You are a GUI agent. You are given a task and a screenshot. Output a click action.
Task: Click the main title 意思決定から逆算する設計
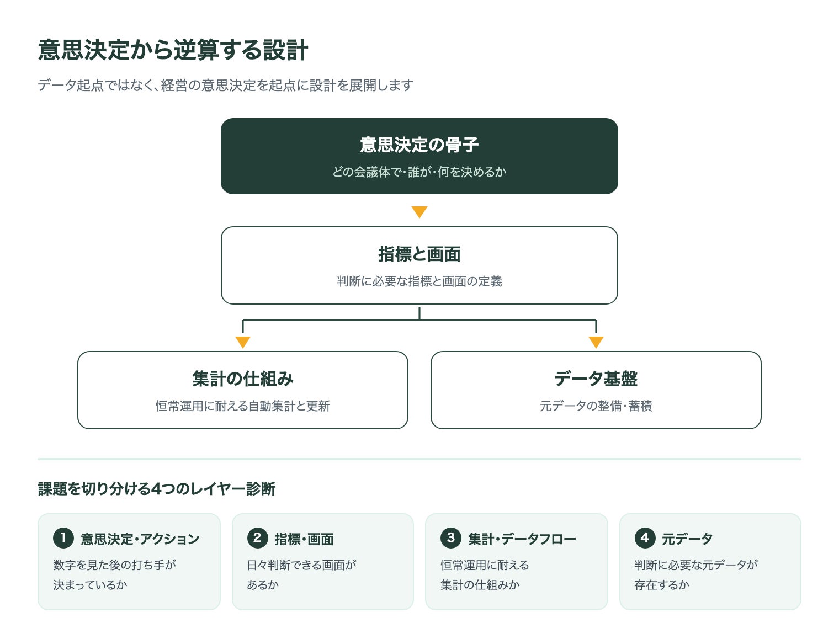tap(173, 50)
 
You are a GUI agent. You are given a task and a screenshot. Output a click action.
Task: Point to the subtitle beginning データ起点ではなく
tap(226, 85)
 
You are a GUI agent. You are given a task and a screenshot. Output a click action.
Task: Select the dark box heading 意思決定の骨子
tap(419, 145)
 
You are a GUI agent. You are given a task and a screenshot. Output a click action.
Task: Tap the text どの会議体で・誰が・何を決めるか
tap(419, 172)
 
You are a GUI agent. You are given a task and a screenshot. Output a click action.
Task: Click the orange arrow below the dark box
tap(419, 211)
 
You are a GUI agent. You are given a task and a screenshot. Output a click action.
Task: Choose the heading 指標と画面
tap(419, 254)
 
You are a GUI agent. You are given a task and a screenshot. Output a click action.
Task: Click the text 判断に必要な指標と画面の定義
tap(419, 281)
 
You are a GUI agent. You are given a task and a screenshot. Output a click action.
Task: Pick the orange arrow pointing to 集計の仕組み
tap(243, 342)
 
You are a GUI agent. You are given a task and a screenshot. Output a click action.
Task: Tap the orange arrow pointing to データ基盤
tap(596, 342)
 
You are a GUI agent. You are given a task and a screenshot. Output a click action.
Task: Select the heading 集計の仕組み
tap(243, 379)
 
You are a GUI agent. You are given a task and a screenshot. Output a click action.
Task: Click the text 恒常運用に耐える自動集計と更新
tap(243, 406)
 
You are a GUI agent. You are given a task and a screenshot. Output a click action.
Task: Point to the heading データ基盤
tap(596, 379)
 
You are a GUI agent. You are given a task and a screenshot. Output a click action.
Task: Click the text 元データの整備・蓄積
tap(596, 406)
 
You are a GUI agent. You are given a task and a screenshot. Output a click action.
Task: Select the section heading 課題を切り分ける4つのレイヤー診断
tap(157, 489)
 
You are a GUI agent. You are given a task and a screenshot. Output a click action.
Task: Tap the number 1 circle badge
tap(63, 538)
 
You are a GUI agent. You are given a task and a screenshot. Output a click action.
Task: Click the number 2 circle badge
tap(258, 538)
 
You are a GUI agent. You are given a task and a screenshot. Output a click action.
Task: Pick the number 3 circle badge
tap(451, 538)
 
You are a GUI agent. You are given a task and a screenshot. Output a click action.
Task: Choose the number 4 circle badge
tap(645, 538)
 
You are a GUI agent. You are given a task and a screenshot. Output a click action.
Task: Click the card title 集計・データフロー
tap(522, 539)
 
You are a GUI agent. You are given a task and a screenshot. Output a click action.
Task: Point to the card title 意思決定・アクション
tap(140, 539)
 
